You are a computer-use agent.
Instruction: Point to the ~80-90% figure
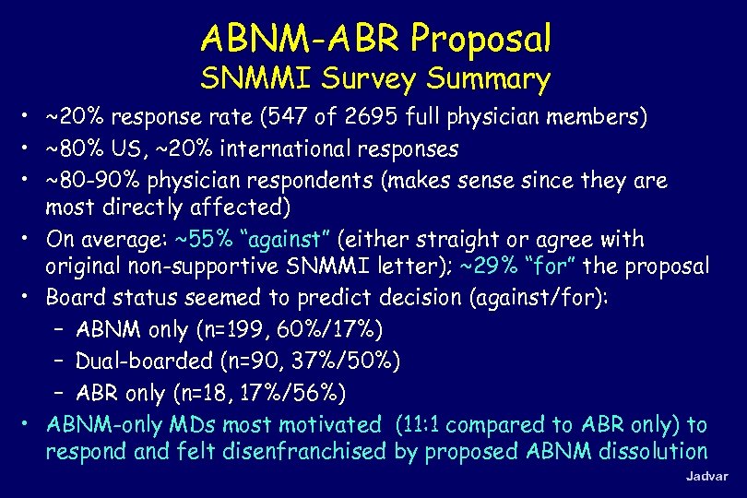point(91,179)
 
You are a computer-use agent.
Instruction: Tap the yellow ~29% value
point(492,267)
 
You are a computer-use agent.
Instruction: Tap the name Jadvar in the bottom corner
point(706,477)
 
